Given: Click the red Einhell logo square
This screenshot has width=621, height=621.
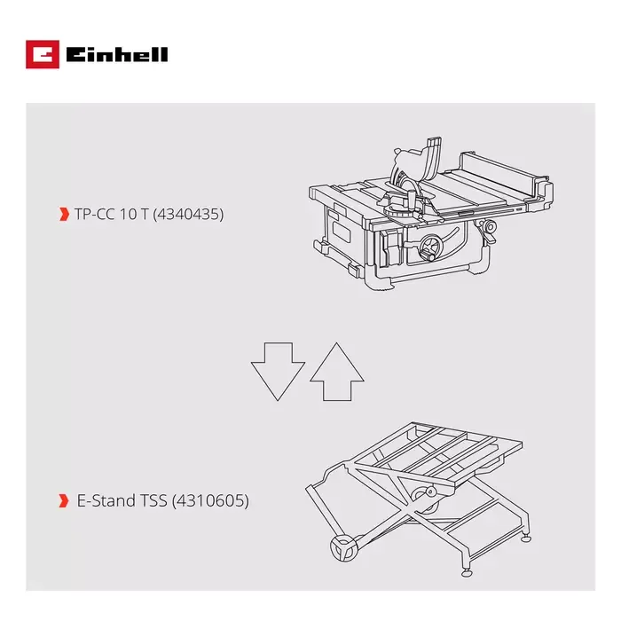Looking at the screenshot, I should click(x=41, y=55).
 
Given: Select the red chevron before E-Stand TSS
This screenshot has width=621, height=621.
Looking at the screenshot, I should click(x=63, y=501).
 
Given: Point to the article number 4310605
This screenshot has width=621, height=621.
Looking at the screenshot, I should click(x=213, y=501).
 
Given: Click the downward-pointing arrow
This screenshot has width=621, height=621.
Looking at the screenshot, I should click(x=278, y=370).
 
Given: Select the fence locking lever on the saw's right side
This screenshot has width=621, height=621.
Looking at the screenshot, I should click(x=486, y=232).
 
